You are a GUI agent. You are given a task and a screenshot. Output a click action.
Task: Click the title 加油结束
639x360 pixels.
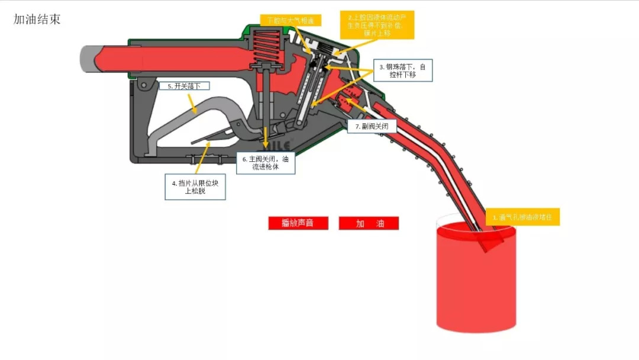(x=37, y=19)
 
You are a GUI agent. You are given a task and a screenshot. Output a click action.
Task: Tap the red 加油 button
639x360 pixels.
(x=369, y=223)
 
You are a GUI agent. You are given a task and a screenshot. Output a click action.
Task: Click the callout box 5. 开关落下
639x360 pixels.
(x=185, y=86)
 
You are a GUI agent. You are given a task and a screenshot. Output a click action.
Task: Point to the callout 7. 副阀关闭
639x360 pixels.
(x=375, y=127)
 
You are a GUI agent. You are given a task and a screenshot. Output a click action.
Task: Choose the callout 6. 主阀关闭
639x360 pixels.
(x=266, y=163)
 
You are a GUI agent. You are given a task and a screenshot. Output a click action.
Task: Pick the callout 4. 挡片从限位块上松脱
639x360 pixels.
(x=195, y=187)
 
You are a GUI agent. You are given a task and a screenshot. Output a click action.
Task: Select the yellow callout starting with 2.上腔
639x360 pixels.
(x=377, y=24)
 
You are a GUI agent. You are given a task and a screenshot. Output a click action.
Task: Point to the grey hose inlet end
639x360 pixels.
(x=88, y=57)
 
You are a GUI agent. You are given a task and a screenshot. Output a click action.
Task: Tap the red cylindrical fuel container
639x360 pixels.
(x=476, y=278)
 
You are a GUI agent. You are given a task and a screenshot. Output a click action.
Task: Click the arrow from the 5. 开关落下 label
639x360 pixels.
(x=190, y=103)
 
